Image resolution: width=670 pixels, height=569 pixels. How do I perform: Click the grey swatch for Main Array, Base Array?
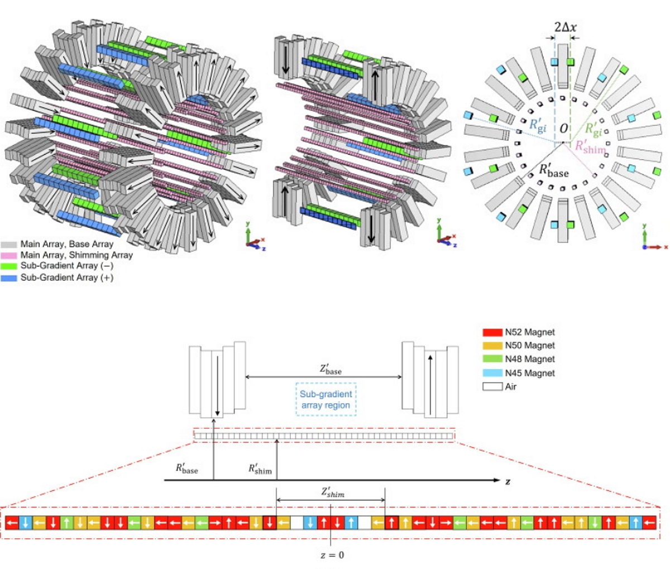click(x=9, y=244)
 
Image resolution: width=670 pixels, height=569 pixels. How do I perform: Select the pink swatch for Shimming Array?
click(x=9, y=255)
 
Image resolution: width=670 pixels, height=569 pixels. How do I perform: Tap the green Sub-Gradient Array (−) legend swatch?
click(x=9, y=266)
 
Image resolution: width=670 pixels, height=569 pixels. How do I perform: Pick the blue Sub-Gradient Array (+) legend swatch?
click(x=9, y=277)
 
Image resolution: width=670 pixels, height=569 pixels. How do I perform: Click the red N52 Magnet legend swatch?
click(x=492, y=332)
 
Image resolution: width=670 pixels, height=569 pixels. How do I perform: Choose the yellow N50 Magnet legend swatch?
click(x=492, y=346)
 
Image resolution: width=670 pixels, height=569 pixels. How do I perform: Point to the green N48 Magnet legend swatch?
click(x=492, y=359)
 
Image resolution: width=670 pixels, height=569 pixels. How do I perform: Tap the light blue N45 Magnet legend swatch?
click(x=492, y=373)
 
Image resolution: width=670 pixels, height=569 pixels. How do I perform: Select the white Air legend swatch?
click(x=492, y=386)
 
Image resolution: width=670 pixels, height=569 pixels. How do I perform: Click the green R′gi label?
click(x=593, y=130)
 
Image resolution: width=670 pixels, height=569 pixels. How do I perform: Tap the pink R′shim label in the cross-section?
click(x=590, y=148)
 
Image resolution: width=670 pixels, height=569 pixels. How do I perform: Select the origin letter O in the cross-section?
click(x=564, y=128)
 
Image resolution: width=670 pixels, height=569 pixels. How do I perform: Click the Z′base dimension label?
click(x=331, y=369)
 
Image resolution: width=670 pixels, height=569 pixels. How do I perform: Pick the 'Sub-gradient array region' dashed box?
click(x=326, y=399)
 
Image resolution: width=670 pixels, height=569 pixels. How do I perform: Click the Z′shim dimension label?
click(x=332, y=492)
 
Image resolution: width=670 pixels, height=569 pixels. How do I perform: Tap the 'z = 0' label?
click(x=332, y=555)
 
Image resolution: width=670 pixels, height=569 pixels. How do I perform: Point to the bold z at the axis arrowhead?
click(x=508, y=481)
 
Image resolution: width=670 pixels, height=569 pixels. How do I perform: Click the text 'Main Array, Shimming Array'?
click(x=76, y=255)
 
